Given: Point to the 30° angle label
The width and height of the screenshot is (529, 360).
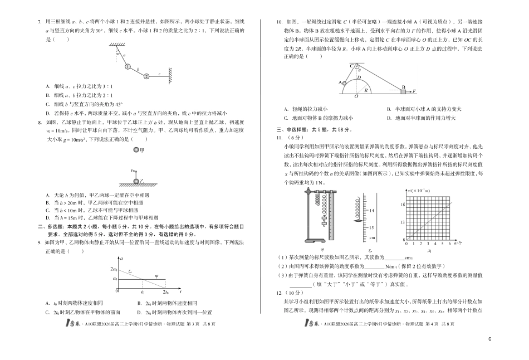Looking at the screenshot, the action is click(118, 53).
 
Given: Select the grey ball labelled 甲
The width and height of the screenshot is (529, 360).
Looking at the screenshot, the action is click(136, 150).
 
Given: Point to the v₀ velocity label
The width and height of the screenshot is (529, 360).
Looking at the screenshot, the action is click(133, 171).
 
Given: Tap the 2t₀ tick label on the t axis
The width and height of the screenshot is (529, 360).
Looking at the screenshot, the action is click(165, 292).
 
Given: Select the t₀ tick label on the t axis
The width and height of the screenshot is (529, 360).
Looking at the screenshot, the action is click(143, 292).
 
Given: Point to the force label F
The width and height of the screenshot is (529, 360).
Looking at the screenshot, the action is click(414, 90).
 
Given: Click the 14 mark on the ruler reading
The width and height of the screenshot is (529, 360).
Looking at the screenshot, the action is click(371, 210).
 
